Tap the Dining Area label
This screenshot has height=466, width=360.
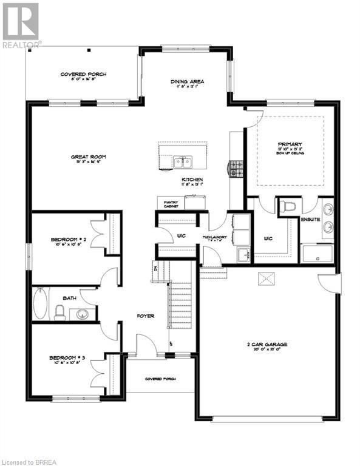point(187,81)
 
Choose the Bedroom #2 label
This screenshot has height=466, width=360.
point(69,240)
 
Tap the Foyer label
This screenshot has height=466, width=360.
point(145,316)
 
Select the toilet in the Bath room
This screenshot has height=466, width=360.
point(60,312)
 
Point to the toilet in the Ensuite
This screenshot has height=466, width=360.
point(288,208)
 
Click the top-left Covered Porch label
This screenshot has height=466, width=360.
point(83,74)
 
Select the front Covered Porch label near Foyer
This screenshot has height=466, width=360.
point(160,379)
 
